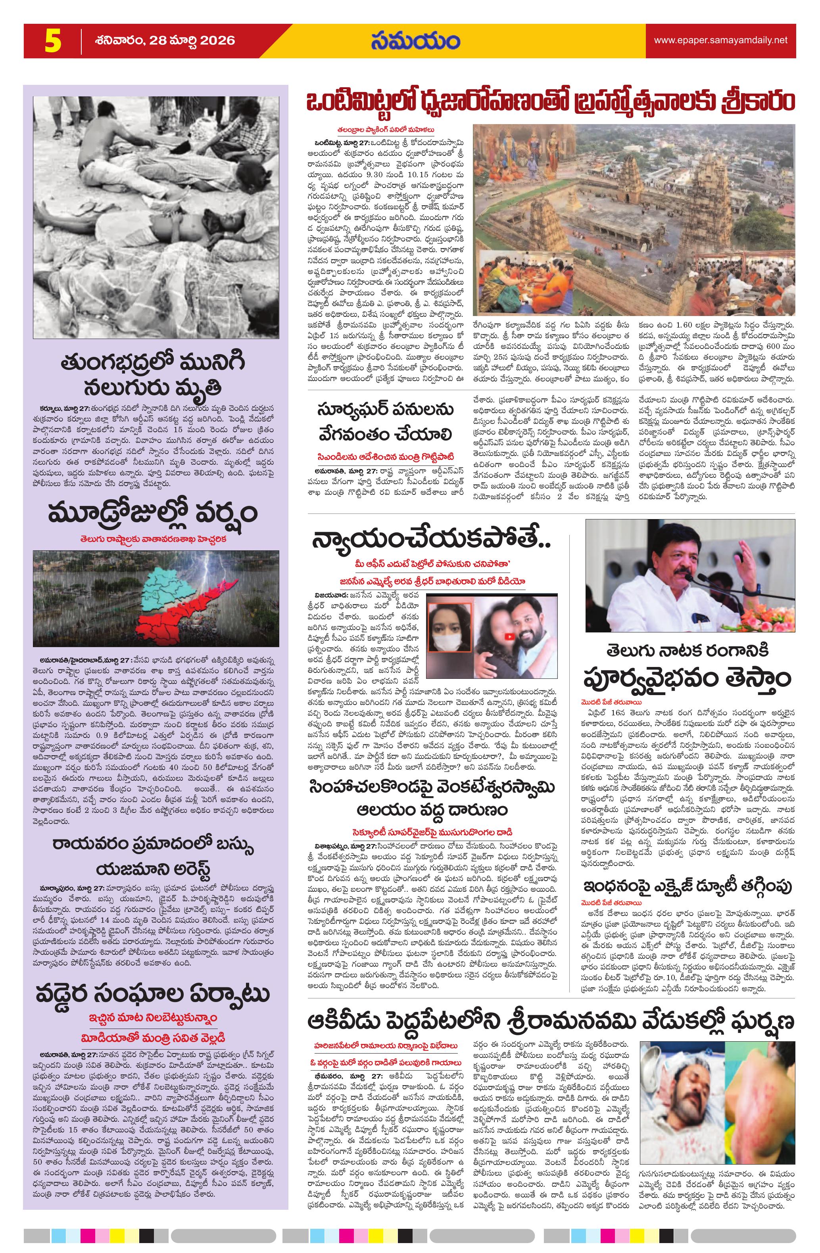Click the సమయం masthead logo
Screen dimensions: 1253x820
[x=415, y=42]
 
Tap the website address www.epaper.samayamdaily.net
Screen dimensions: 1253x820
[x=720, y=40]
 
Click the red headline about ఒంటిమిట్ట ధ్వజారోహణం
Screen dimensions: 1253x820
[x=551, y=101]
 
